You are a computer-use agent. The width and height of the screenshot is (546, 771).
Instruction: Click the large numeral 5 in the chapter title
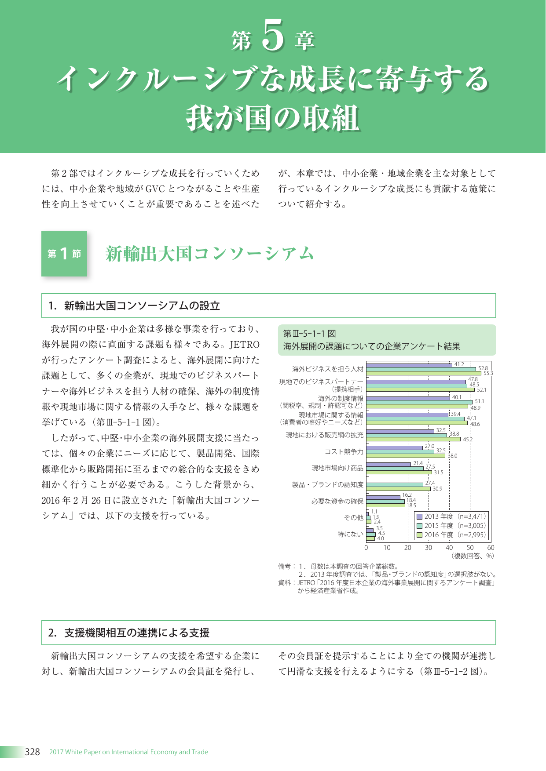tap(273, 36)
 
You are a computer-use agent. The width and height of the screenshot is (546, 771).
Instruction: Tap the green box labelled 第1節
tap(64, 254)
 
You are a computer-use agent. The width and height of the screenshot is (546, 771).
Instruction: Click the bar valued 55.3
tap(424, 373)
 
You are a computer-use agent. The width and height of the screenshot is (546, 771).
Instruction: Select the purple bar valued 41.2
tap(409, 365)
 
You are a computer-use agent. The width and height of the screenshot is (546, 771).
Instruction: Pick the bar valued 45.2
tap(414, 439)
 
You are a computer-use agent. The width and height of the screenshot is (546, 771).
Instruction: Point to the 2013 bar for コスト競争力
tap(395, 447)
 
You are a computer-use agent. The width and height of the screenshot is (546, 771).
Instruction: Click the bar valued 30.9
tap(399, 489)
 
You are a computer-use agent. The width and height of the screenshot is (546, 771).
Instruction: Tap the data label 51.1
tap(479, 401)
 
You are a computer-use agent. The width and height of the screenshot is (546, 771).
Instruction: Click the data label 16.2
tap(407, 495)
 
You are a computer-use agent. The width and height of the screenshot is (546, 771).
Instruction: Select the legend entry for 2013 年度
tap(451, 516)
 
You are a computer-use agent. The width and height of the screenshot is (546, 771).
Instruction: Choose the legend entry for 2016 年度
tap(451, 535)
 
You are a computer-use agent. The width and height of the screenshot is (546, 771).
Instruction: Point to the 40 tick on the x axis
tap(449, 548)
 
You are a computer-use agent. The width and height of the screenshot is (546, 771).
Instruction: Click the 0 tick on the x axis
tap(366, 548)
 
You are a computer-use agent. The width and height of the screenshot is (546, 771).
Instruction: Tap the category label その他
tap(354, 518)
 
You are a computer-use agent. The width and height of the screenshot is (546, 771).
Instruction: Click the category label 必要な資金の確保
tap(337, 501)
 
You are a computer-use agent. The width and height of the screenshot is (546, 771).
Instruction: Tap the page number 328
tap(32, 752)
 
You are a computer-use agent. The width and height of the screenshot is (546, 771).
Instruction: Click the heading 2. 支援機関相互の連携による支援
tap(129, 633)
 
